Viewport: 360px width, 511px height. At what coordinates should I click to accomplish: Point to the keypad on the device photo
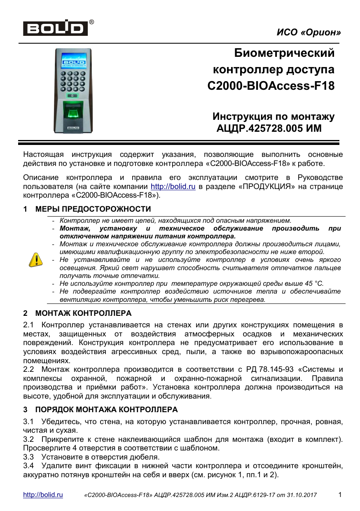coord(73,80)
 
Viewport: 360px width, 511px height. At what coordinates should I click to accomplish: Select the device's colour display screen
coord(74,60)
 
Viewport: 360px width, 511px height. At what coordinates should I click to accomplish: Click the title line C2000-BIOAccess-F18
coord(271,86)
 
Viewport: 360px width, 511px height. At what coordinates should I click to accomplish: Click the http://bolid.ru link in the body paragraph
coord(173,187)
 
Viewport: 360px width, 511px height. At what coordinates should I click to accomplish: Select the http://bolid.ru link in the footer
coord(43,495)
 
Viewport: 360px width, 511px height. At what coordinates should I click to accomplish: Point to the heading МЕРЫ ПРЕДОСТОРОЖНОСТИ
coord(93,209)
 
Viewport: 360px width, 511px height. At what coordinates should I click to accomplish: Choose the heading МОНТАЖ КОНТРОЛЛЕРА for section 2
coord(83,313)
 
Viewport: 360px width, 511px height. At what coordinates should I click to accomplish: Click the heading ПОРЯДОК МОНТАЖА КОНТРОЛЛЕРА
coord(106,410)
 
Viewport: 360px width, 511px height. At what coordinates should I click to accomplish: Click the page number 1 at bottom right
coord(340,495)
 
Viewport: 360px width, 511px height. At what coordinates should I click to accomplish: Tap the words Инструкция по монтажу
coord(273,117)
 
